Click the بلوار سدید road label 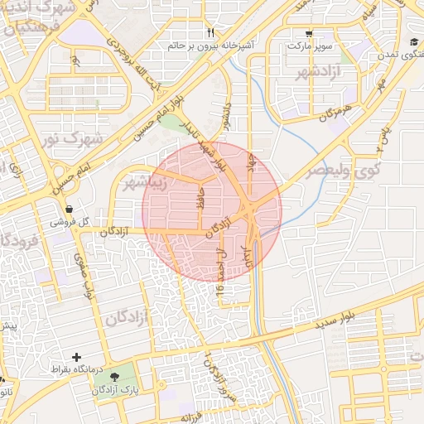coord(332,320)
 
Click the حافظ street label coord(198,203)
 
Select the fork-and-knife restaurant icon coord(210,32)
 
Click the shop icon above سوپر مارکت coord(309,33)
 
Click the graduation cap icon coord(412,42)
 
